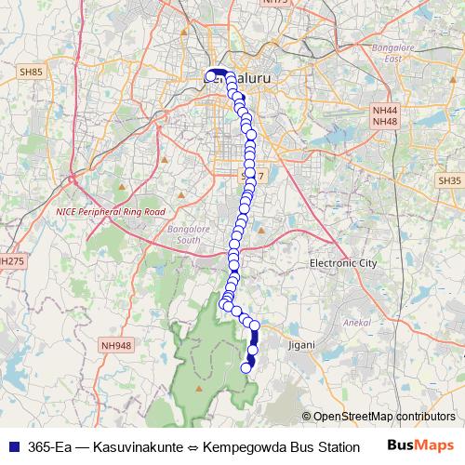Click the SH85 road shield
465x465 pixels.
(x=31, y=72)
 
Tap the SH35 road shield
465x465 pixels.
(x=449, y=180)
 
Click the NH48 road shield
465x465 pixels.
(x=384, y=122)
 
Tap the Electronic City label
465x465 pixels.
(x=343, y=263)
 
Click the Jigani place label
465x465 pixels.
(x=301, y=344)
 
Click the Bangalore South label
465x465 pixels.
(x=202, y=234)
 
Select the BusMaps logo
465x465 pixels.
(x=422, y=445)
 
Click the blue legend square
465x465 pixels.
(x=13, y=445)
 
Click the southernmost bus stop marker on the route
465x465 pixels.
(x=246, y=367)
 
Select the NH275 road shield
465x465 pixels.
(x=9, y=261)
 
